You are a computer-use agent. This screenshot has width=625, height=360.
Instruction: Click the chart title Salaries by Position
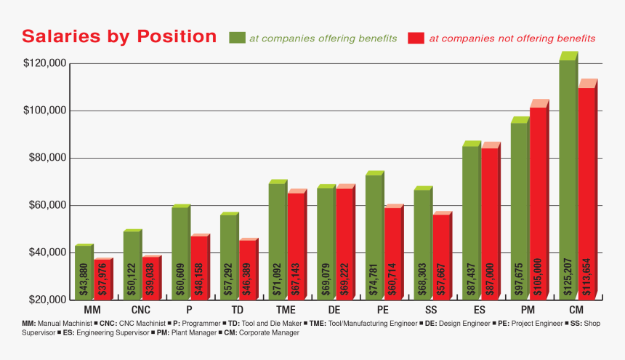pyautogui.click(x=119, y=36)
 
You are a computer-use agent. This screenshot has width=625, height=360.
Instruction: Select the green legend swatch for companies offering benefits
pyautogui.click(x=237, y=39)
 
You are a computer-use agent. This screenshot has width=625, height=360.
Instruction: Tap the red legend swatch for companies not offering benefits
pyautogui.click(x=416, y=39)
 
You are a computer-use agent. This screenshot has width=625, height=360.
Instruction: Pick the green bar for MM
pyautogui.click(x=84, y=272)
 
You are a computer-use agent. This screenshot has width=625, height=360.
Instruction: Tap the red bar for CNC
pyautogui.click(x=150, y=277)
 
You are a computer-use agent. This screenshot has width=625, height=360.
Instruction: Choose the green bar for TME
pyautogui.click(x=277, y=240)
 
